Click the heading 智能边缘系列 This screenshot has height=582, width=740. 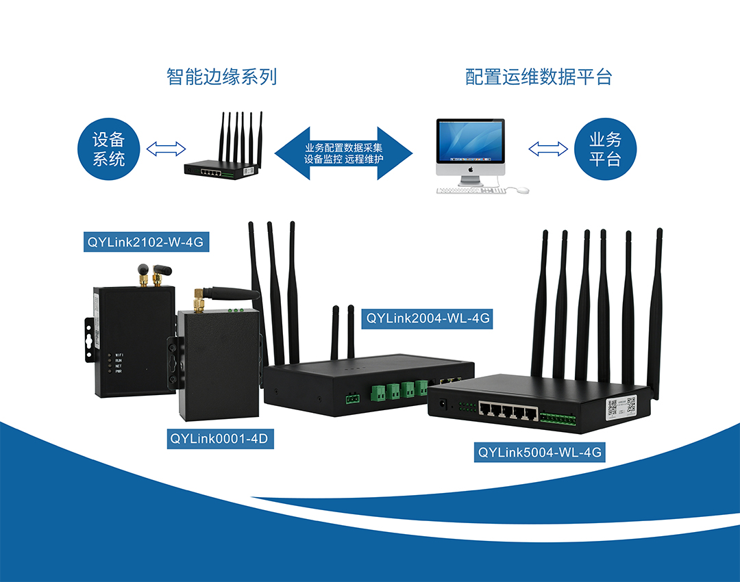point(221,76)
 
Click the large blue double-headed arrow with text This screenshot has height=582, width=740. point(344,153)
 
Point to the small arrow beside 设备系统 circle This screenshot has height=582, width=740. point(166,149)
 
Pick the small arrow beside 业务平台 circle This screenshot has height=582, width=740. point(549,149)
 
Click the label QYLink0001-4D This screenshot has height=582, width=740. point(221,439)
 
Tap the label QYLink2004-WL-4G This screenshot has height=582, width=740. point(428,318)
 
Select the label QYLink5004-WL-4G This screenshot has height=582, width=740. point(539,452)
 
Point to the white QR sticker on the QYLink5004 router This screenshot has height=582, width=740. point(621,408)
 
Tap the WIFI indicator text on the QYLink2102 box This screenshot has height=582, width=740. point(120,354)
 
